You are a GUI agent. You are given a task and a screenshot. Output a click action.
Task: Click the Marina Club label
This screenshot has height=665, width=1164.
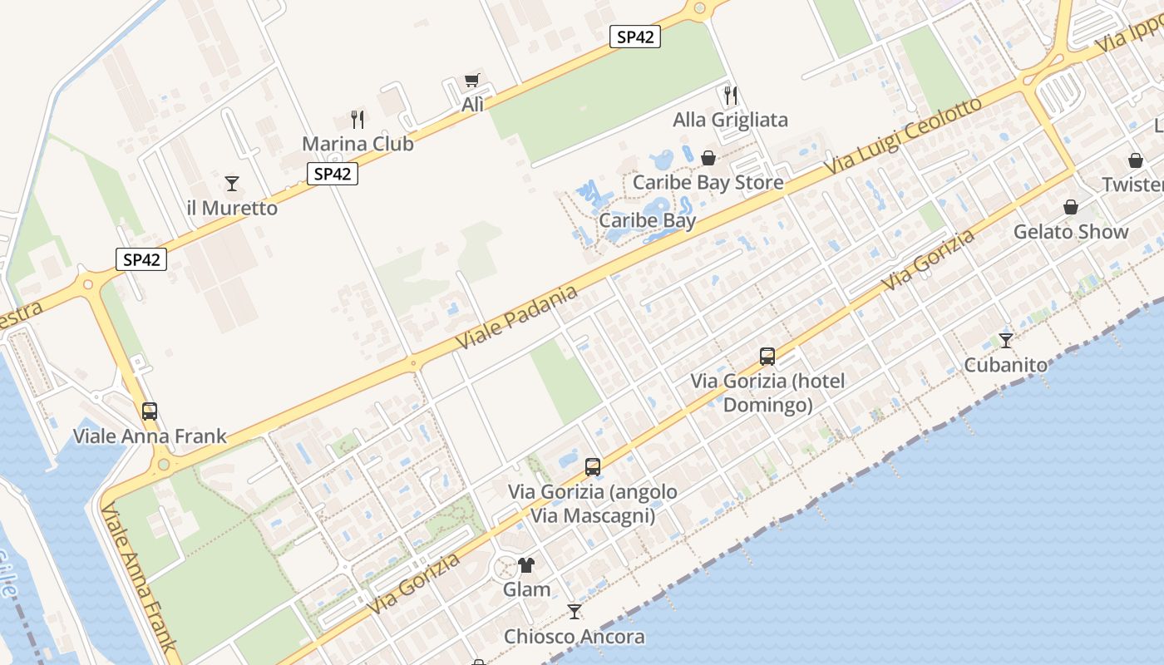pos(358,144)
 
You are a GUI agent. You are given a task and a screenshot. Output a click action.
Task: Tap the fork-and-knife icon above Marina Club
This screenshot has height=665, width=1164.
pos(358,120)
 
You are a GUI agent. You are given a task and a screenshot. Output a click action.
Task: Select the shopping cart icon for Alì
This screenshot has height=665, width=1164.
pos(472,81)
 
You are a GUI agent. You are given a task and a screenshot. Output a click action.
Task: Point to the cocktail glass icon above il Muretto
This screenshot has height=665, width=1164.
pos(232,184)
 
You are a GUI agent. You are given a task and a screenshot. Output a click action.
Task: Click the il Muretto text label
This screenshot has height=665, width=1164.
pos(232,208)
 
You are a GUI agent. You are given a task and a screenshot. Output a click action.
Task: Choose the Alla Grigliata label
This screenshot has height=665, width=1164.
pos(730,120)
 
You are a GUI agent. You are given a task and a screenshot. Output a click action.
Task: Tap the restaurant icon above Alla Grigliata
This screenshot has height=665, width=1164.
pos(731,96)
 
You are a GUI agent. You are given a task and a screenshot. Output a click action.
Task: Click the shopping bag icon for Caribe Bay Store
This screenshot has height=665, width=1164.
pos(708,158)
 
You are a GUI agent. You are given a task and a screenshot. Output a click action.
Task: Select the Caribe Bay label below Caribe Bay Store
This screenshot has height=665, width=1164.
pos(648,221)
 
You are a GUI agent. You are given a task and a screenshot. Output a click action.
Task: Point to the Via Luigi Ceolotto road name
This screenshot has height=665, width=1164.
pos(905,135)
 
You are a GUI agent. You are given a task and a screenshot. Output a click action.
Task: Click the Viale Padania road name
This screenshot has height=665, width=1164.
pos(517,317)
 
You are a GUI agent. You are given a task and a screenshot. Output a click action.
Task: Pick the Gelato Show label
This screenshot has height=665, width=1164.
pos(1071,232)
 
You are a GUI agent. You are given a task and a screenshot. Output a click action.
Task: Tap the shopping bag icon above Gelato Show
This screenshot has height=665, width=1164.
pos(1071,207)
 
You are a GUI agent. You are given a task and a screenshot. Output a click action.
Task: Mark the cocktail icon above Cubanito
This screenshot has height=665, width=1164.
pos(1006,340)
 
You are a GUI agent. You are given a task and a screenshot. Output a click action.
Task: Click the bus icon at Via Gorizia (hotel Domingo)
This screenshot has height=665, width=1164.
pos(767,357)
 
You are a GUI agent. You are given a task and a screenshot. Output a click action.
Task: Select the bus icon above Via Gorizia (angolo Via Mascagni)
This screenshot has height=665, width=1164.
pos(593,467)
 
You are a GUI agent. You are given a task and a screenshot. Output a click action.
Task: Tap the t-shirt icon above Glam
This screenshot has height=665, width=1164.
pos(526,565)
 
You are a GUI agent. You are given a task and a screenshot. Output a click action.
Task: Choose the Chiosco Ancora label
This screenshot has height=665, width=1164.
pos(574,637)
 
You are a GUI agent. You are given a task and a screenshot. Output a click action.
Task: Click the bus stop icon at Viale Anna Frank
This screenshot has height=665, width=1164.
pos(150,411)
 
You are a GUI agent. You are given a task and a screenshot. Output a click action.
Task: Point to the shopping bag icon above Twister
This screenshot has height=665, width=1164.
pos(1136,160)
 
